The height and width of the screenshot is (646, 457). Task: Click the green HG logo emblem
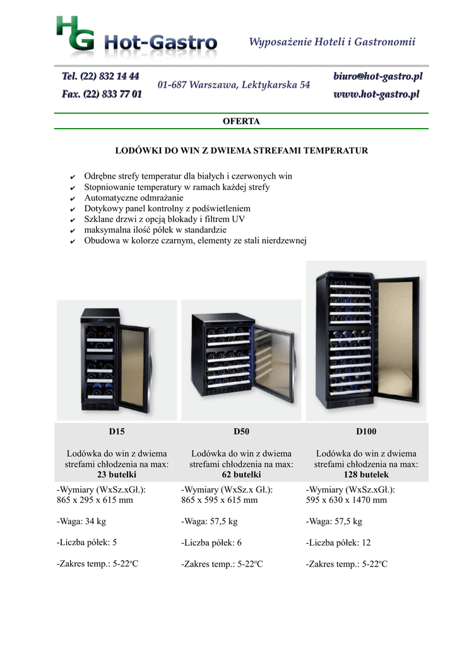(76, 34)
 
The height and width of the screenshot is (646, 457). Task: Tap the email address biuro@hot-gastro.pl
(377, 77)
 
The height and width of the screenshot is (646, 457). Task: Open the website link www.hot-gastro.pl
(377, 95)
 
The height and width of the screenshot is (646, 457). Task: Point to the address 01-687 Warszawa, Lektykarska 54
(234, 85)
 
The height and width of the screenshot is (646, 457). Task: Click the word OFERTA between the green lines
(241, 121)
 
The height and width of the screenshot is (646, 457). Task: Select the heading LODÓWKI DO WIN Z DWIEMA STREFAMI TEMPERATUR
(241, 151)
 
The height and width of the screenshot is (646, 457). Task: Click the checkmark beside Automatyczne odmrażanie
(73, 198)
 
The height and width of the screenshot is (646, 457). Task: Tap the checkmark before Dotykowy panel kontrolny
(73, 209)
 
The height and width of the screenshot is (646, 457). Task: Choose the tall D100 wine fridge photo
(366, 341)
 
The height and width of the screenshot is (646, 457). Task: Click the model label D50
(241, 432)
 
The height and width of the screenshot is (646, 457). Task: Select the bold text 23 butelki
(117, 474)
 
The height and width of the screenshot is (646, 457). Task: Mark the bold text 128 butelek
(366, 474)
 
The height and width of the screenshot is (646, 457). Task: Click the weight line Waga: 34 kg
(81, 521)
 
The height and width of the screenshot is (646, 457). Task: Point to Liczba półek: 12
(338, 543)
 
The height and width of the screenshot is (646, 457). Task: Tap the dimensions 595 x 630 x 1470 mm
(346, 500)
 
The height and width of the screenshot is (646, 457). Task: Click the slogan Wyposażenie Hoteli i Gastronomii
(332, 42)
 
